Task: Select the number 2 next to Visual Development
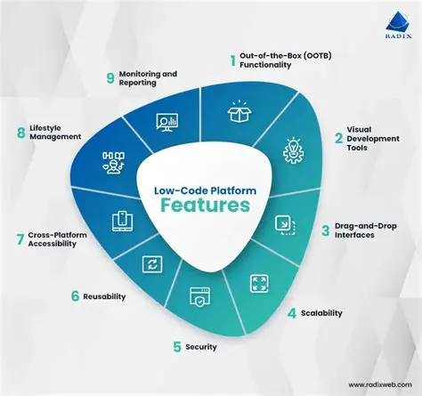338,138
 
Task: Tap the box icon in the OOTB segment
239,113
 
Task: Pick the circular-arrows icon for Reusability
152,263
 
